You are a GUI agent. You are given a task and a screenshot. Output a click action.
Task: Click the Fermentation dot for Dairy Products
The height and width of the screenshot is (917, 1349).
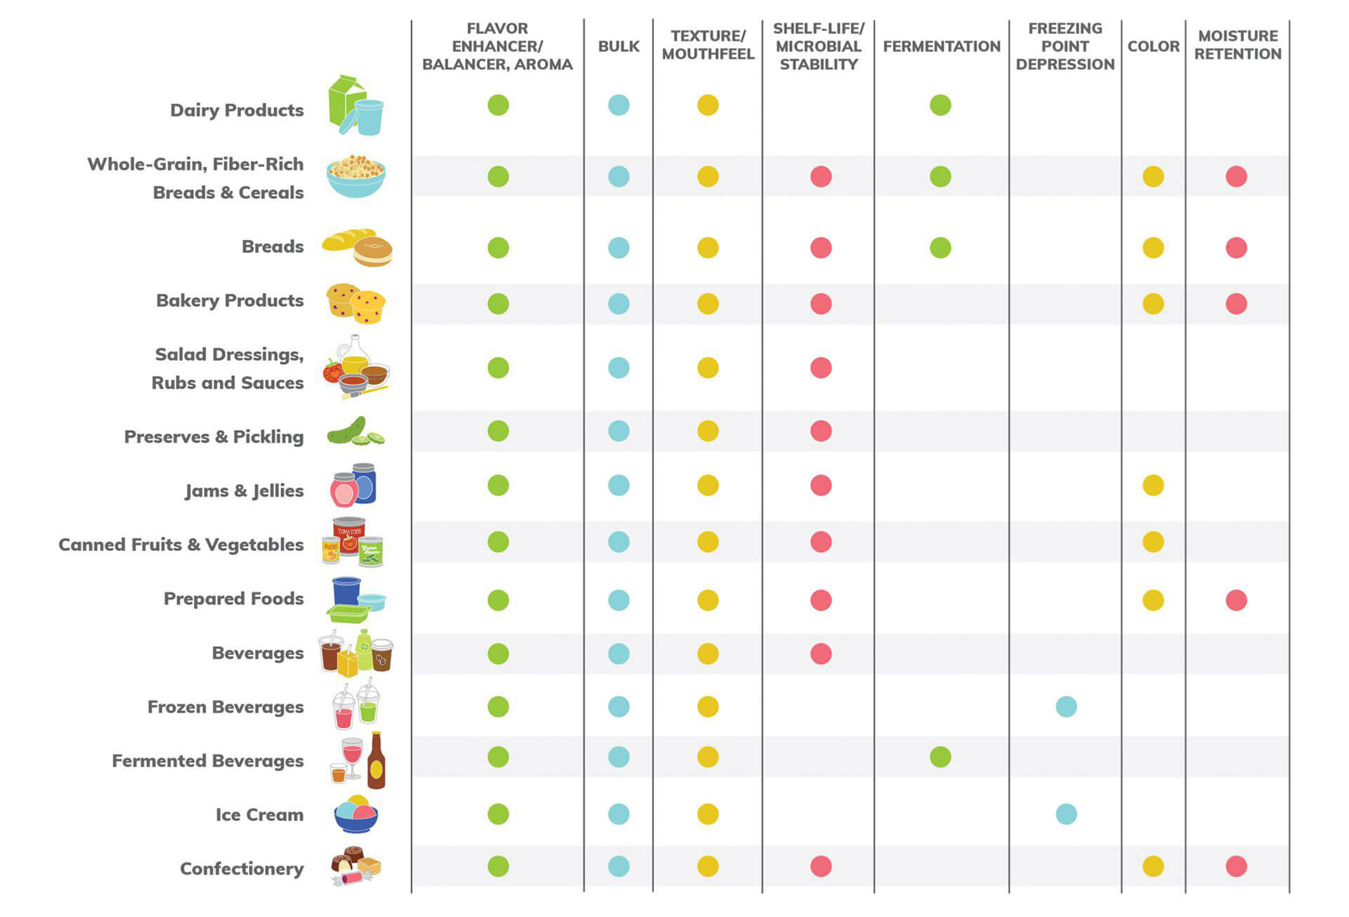tap(940, 105)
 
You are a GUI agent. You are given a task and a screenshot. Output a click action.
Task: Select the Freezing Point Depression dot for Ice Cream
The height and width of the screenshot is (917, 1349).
tap(1066, 814)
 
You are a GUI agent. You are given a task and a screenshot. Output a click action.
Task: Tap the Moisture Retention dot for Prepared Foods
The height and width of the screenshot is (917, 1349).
tap(1236, 600)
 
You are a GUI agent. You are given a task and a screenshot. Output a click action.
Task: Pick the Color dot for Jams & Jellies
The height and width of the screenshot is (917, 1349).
tap(1153, 485)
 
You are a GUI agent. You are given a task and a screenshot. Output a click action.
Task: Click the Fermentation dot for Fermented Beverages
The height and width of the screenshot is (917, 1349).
tap(940, 757)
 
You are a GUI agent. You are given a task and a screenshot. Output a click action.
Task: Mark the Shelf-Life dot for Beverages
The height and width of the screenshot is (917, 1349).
tap(821, 653)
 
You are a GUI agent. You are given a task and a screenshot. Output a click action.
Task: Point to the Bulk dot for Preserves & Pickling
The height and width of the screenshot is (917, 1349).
tap(618, 431)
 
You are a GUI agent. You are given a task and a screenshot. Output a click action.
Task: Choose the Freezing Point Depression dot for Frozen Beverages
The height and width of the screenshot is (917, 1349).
tap(1066, 706)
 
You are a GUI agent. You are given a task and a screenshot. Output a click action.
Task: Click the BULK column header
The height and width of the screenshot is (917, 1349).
tap(618, 46)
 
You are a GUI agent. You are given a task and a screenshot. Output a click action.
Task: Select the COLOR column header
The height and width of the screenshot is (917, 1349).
tap(1153, 46)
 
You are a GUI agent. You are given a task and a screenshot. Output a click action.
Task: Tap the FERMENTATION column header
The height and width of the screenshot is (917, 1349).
tap(941, 46)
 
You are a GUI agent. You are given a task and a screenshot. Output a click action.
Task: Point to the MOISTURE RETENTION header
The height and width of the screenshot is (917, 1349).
tap(1237, 45)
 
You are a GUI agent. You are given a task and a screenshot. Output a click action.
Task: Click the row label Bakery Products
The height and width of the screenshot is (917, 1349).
tap(230, 301)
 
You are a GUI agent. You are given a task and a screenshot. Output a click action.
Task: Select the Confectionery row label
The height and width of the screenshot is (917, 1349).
tap(242, 869)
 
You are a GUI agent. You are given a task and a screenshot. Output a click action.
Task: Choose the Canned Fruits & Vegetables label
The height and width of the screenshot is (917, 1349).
tap(181, 545)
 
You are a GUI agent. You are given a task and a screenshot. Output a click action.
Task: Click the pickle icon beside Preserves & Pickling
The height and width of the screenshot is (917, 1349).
tap(356, 431)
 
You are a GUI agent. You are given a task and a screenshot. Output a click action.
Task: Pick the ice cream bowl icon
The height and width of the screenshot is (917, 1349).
tap(356, 814)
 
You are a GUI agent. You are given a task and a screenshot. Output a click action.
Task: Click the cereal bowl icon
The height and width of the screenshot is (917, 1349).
tap(356, 176)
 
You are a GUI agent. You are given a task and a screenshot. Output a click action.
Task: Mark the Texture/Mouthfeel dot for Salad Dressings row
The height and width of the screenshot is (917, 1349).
tap(708, 368)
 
